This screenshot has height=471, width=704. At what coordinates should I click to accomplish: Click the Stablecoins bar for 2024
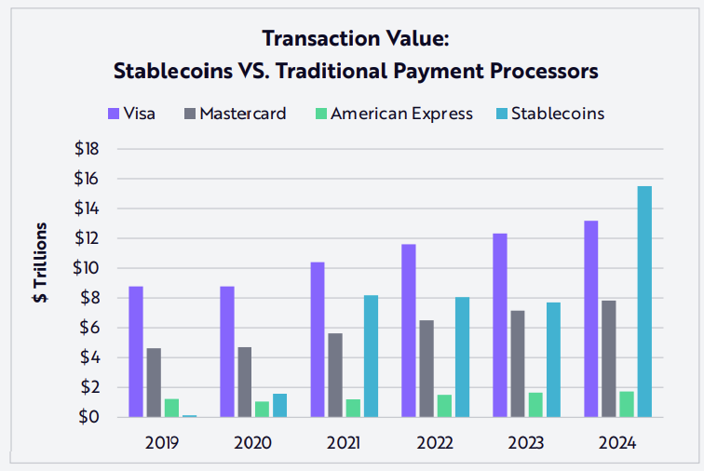tap(644, 302)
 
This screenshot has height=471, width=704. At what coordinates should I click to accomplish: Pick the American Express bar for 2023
tap(535, 405)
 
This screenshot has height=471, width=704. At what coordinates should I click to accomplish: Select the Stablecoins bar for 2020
tap(279, 406)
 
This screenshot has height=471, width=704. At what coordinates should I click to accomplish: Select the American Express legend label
tap(401, 114)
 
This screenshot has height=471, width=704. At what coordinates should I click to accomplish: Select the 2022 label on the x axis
tap(436, 442)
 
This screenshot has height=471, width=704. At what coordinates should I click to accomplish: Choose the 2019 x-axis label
tap(162, 442)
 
